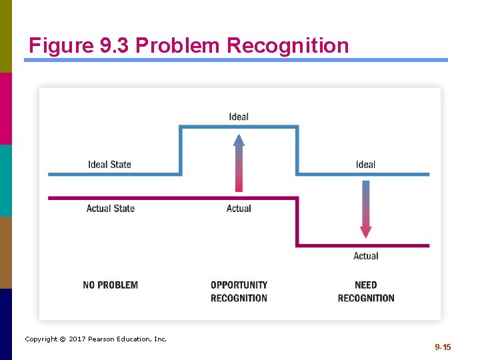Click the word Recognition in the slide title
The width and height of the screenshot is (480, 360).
click(x=287, y=45)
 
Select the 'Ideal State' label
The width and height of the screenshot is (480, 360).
click(x=109, y=165)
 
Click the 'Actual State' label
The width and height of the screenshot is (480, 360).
click(x=110, y=209)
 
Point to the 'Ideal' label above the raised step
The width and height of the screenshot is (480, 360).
click(x=239, y=117)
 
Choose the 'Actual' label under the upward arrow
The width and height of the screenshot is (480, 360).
click(x=239, y=209)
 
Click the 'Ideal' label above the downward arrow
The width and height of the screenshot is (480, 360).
click(x=365, y=165)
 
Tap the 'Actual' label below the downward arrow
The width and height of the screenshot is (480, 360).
click(x=365, y=256)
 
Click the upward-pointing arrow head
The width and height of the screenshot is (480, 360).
click(x=239, y=139)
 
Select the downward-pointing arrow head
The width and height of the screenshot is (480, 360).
click(x=365, y=232)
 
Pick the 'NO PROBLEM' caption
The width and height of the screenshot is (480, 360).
click(x=110, y=285)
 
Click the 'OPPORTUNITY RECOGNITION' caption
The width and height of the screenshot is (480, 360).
click(x=239, y=291)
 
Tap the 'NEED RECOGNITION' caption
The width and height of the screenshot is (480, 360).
click(x=365, y=291)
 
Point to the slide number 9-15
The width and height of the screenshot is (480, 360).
click(x=443, y=347)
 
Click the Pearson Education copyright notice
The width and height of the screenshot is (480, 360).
click(x=95, y=339)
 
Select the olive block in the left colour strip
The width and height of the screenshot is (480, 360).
click(x=6, y=36)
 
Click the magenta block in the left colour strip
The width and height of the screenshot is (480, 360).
click(x=6, y=108)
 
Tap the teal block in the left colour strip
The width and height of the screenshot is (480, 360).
click(x=6, y=180)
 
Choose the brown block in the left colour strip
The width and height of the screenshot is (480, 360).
click(x=6, y=252)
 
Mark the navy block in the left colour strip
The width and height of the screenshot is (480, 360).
click(x=6, y=324)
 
